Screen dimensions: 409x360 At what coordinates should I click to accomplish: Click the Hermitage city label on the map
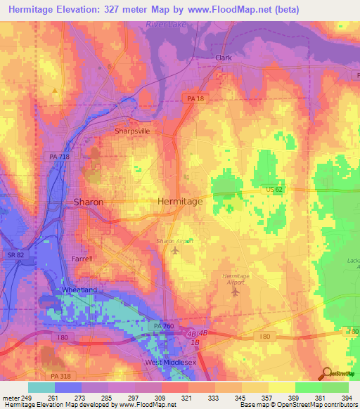pyautogui.click(x=180, y=201)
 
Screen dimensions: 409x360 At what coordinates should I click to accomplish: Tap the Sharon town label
pyautogui.click(x=89, y=202)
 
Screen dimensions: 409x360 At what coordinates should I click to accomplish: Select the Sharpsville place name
pyautogui.click(x=133, y=131)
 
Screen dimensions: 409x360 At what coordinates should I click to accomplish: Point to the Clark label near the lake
pyautogui.click(x=224, y=58)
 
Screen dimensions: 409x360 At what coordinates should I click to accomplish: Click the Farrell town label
pyautogui.click(x=82, y=259)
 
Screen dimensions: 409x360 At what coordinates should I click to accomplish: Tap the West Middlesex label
pyautogui.click(x=169, y=362)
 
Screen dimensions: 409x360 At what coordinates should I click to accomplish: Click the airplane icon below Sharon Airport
pyautogui.click(x=174, y=251)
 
